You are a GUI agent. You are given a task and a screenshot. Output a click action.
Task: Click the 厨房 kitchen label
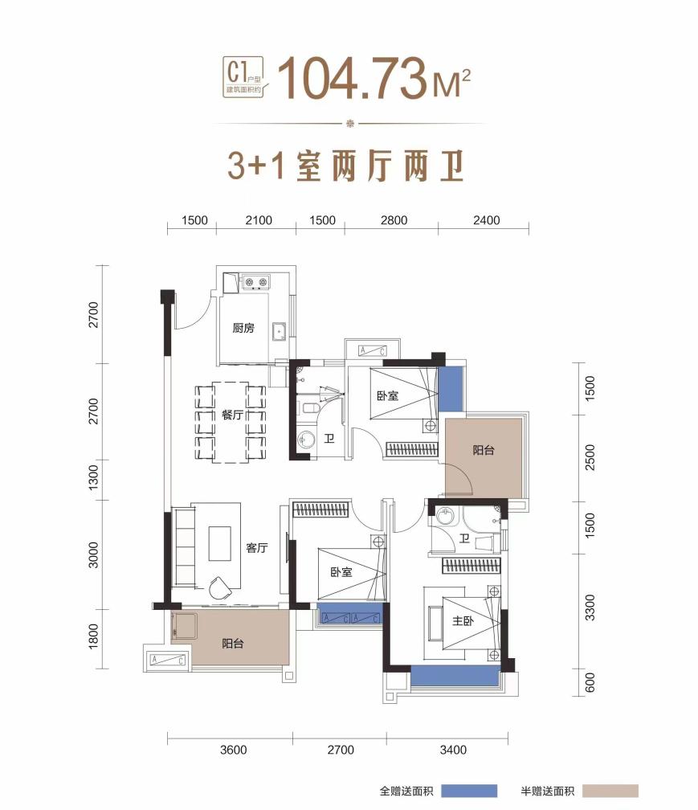pos(243,328)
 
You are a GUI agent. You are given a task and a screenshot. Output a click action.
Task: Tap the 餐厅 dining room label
pos(232,415)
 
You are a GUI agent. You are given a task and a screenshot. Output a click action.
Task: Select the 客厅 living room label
pos(256,547)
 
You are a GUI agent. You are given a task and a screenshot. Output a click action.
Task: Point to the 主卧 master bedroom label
pos(463,620)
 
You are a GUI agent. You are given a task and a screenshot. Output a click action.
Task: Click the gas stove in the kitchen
pos(256,282)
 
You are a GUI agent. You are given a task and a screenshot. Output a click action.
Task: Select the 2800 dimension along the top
pos(394,220)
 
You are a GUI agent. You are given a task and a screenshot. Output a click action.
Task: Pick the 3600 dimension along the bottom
pos(234,750)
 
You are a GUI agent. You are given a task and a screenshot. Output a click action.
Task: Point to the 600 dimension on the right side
pos(590,682)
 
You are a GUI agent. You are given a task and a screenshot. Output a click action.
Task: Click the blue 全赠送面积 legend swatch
pos(469,791)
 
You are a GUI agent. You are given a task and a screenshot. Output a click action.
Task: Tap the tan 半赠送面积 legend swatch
pos(610,791)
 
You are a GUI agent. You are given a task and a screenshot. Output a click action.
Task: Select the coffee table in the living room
pos(219,543)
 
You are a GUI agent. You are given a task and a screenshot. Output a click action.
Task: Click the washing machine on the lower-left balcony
pos(184,625)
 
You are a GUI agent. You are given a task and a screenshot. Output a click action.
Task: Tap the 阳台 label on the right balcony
pos(484,450)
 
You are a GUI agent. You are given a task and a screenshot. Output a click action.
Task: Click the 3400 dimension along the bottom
pos(453,750)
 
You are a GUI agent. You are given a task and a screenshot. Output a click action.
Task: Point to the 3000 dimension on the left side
pos(93,554)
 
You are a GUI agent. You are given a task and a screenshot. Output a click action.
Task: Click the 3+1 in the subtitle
pos(256,166)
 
